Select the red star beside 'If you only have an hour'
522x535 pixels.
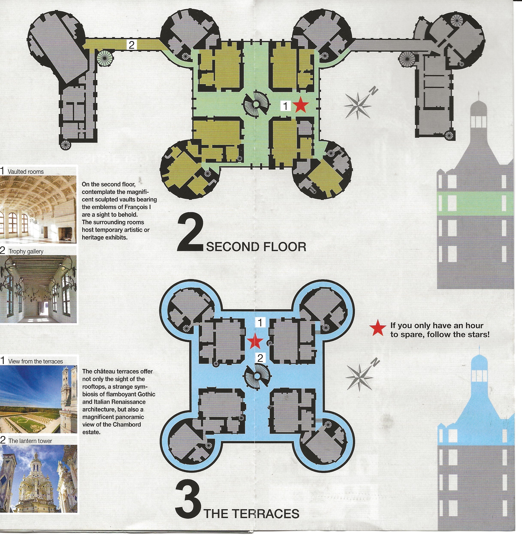(x=378, y=328)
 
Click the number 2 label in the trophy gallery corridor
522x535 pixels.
(x=132, y=45)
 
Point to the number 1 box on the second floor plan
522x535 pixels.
(x=285, y=106)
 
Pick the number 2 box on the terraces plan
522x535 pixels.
(x=260, y=358)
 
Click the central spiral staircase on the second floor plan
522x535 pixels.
(x=255, y=104)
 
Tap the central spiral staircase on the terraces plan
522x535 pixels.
(x=257, y=376)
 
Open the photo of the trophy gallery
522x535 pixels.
(x=38, y=289)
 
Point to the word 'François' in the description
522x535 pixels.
(x=136, y=207)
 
